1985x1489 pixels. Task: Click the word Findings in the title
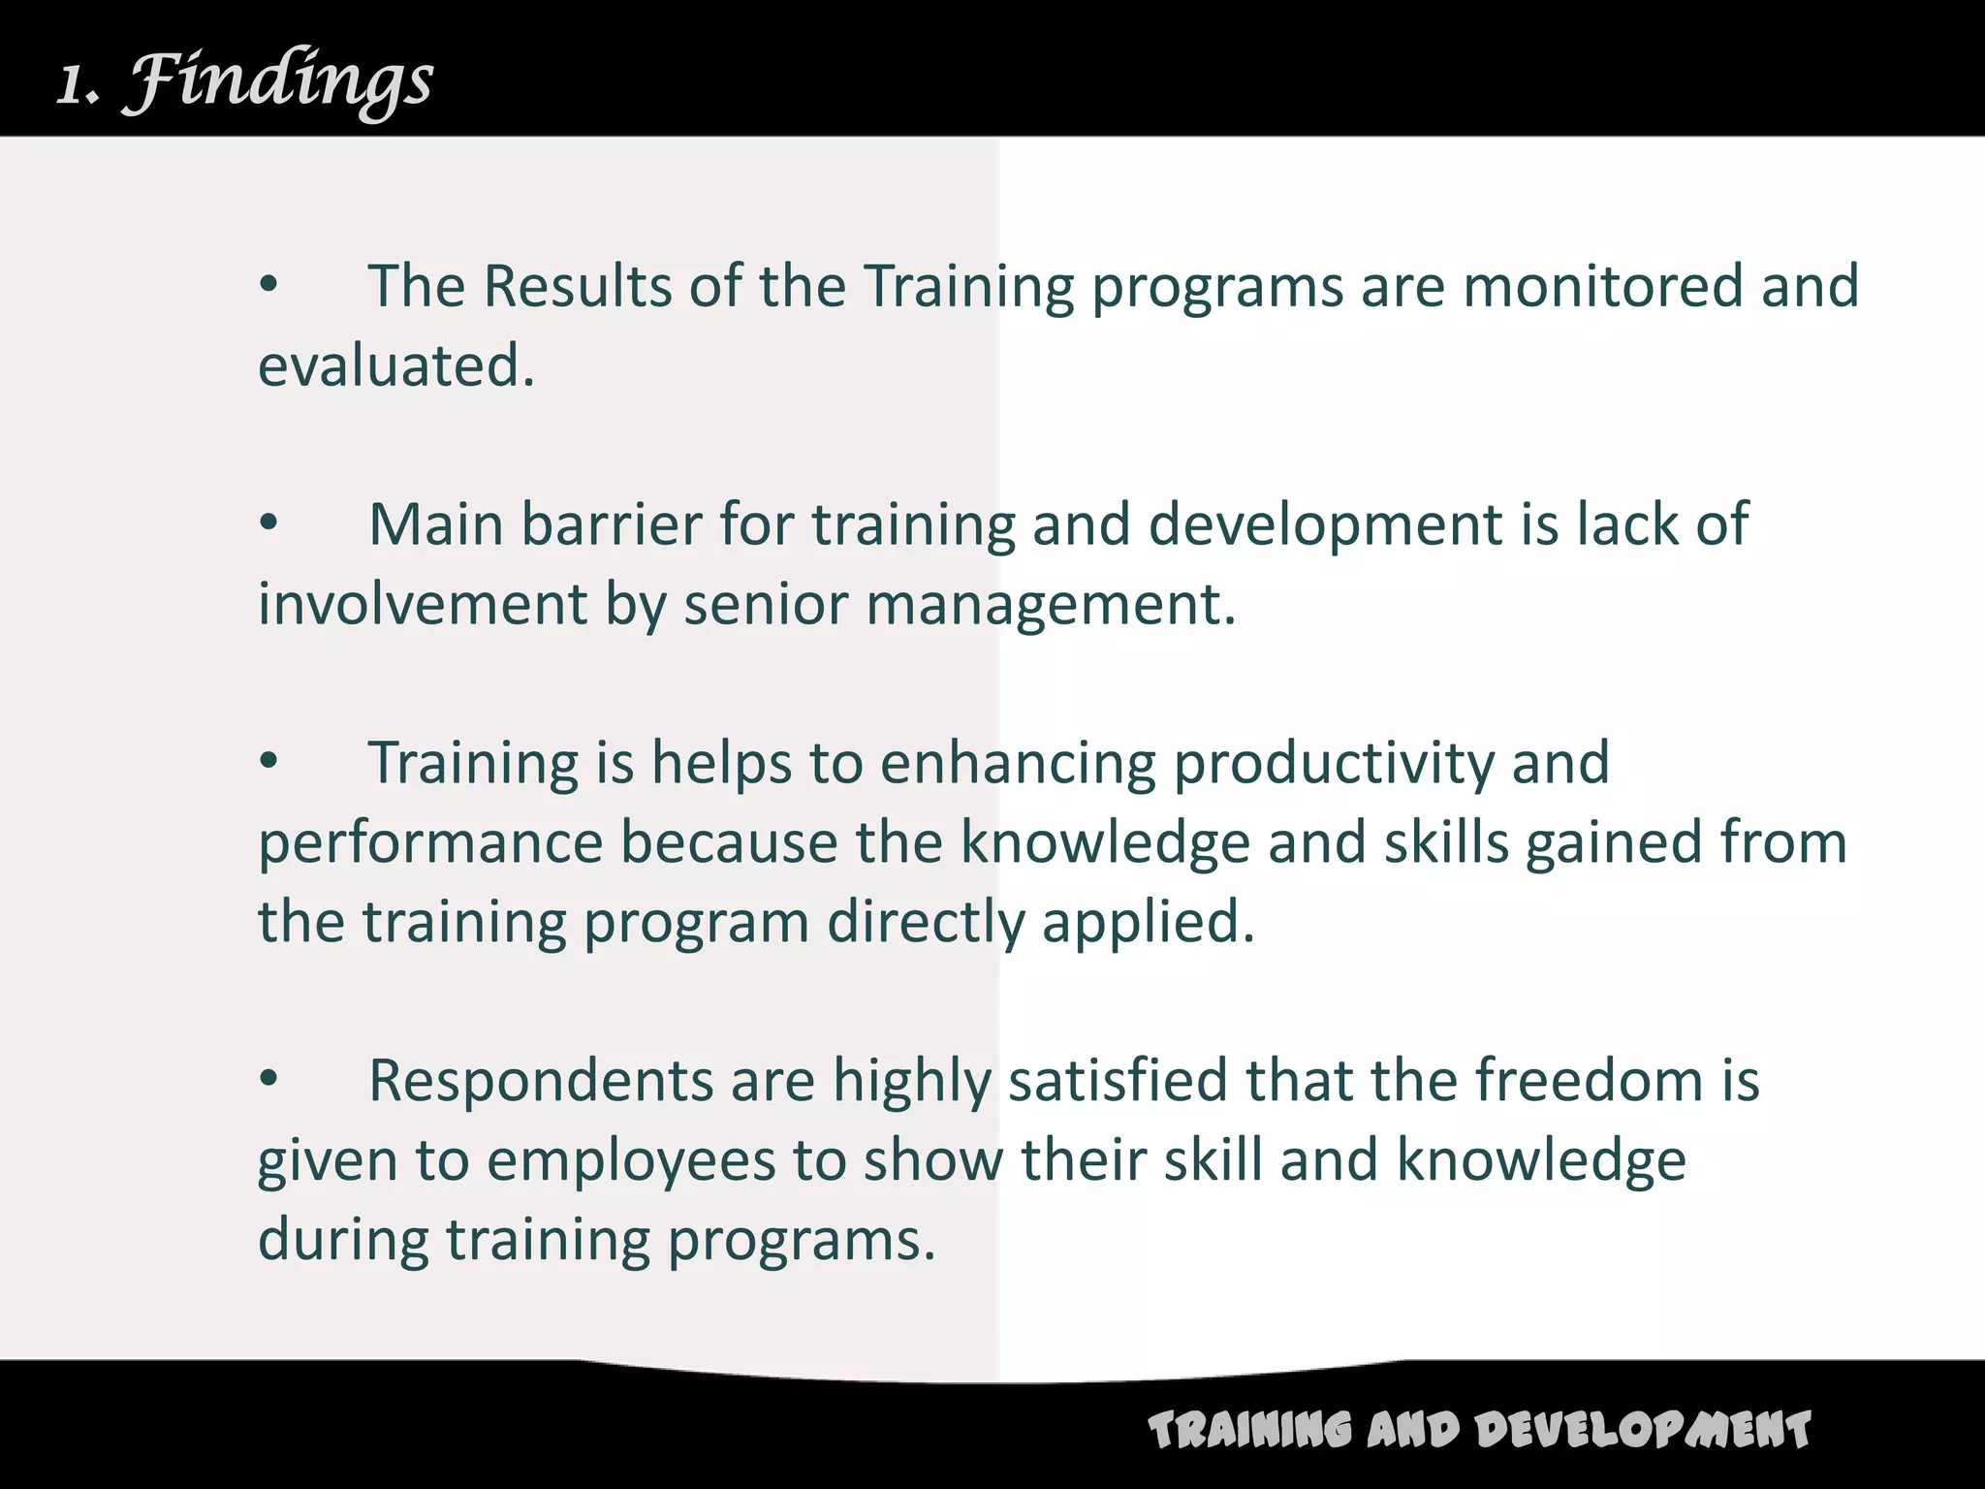(x=280, y=82)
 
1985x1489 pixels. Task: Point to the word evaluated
(x=395, y=366)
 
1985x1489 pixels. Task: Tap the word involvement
(x=423, y=604)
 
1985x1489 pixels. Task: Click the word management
(x=1051, y=606)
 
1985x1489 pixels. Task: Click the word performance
(x=430, y=843)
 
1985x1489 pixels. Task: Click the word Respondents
(x=541, y=1081)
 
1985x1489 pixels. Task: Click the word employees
(x=631, y=1161)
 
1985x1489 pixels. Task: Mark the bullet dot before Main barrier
(x=268, y=524)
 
